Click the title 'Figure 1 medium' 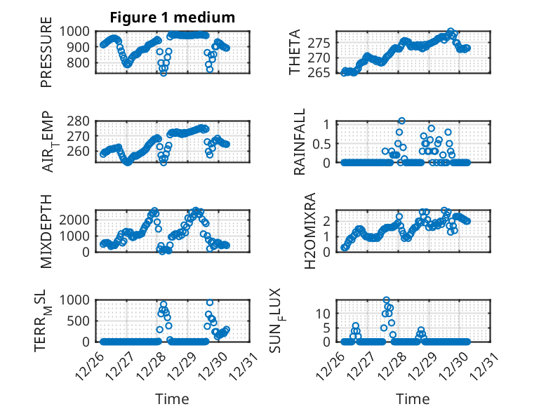[x=172, y=17]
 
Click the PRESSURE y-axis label [x=46, y=57]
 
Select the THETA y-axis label [x=295, y=53]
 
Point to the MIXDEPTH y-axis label [x=46, y=231]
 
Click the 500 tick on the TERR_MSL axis [x=82, y=321]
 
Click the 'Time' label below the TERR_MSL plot [x=173, y=399]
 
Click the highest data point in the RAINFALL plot [x=401, y=121]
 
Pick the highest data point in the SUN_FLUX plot [x=387, y=300]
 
